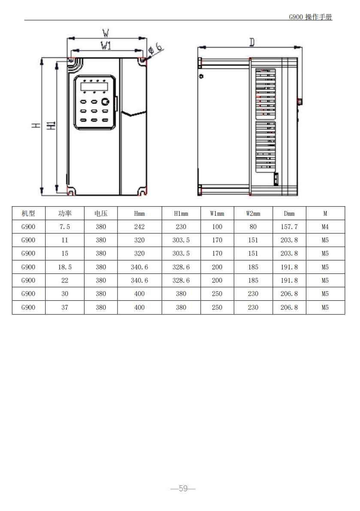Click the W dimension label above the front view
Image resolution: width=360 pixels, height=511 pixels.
pyautogui.click(x=106, y=33)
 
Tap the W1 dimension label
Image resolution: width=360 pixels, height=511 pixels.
pyautogui.click(x=106, y=45)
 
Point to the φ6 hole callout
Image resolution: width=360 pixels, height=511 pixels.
pyautogui.click(x=156, y=48)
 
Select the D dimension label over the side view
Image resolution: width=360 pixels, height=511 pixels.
pyautogui.click(x=252, y=42)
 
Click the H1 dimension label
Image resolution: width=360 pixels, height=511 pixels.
pyautogui.click(x=51, y=125)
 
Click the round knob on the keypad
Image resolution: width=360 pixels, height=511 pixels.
pyautogui.click(x=105, y=102)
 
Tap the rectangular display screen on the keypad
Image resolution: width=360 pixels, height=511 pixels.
pyautogui.click(x=94, y=87)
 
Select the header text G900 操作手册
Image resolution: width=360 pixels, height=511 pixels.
pyautogui.click(x=311, y=17)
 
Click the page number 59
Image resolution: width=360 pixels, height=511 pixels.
pyautogui.click(x=183, y=488)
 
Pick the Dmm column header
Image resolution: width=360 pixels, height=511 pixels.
pyautogui.click(x=289, y=214)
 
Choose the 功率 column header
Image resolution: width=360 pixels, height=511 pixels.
pyautogui.click(x=64, y=214)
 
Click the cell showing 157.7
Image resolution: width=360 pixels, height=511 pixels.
pyautogui.click(x=289, y=227)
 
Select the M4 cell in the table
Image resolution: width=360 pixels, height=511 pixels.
pyautogui.click(x=325, y=227)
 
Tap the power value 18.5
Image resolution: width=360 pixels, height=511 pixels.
pyautogui.click(x=64, y=267)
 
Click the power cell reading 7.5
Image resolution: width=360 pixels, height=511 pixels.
pyautogui.click(x=64, y=227)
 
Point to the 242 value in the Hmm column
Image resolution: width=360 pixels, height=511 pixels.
pyautogui.click(x=139, y=227)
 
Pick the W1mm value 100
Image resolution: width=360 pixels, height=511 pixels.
pyautogui.click(x=217, y=227)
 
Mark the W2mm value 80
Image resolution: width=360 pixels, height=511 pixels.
pyautogui.click(x=253, y=227)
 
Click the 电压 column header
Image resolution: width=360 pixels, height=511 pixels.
pyautogui.click(x=101, y=214)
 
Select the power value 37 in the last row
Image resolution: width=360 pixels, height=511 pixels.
pyautogui.click(x=64, y=307)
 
